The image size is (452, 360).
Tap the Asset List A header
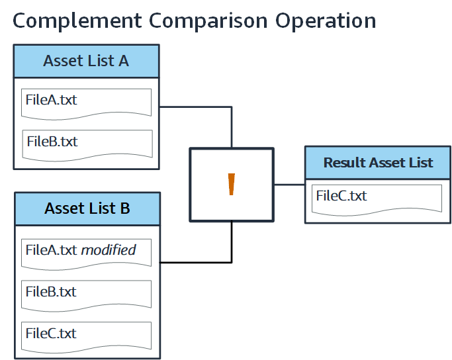click(86, 61)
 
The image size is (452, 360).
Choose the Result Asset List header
click(378, 163)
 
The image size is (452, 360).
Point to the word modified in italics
click(109, 250)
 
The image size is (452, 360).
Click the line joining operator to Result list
click(289, 185)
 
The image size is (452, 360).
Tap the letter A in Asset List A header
click(123, 61)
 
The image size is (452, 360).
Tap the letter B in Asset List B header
click(124, 208)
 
